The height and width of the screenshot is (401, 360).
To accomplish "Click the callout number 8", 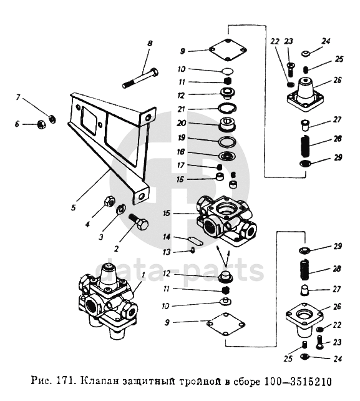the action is [150, 43].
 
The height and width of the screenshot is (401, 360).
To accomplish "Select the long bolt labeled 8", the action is [140, 77].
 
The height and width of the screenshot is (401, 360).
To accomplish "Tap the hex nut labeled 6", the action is [41, 124].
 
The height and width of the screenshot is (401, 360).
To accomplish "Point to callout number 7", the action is [18, 97].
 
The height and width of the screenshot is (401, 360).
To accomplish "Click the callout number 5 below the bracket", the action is [74, 207].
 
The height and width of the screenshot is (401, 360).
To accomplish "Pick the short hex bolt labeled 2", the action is [139, 222].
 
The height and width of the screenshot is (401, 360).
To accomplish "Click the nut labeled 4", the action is [109, 200].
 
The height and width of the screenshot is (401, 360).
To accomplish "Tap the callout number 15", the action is [167, 213].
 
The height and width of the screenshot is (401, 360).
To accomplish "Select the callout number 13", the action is [167, 252].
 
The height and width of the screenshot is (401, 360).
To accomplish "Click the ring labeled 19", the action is [226, 142].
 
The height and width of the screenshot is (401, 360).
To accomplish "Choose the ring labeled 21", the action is [227, 108].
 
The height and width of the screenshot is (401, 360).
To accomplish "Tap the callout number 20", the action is [181, 123].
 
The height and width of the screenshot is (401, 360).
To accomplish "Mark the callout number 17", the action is [181, 166].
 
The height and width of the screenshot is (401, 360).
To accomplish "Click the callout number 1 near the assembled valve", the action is [143, 275].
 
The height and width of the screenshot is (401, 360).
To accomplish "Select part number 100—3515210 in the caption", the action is [298, 381].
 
